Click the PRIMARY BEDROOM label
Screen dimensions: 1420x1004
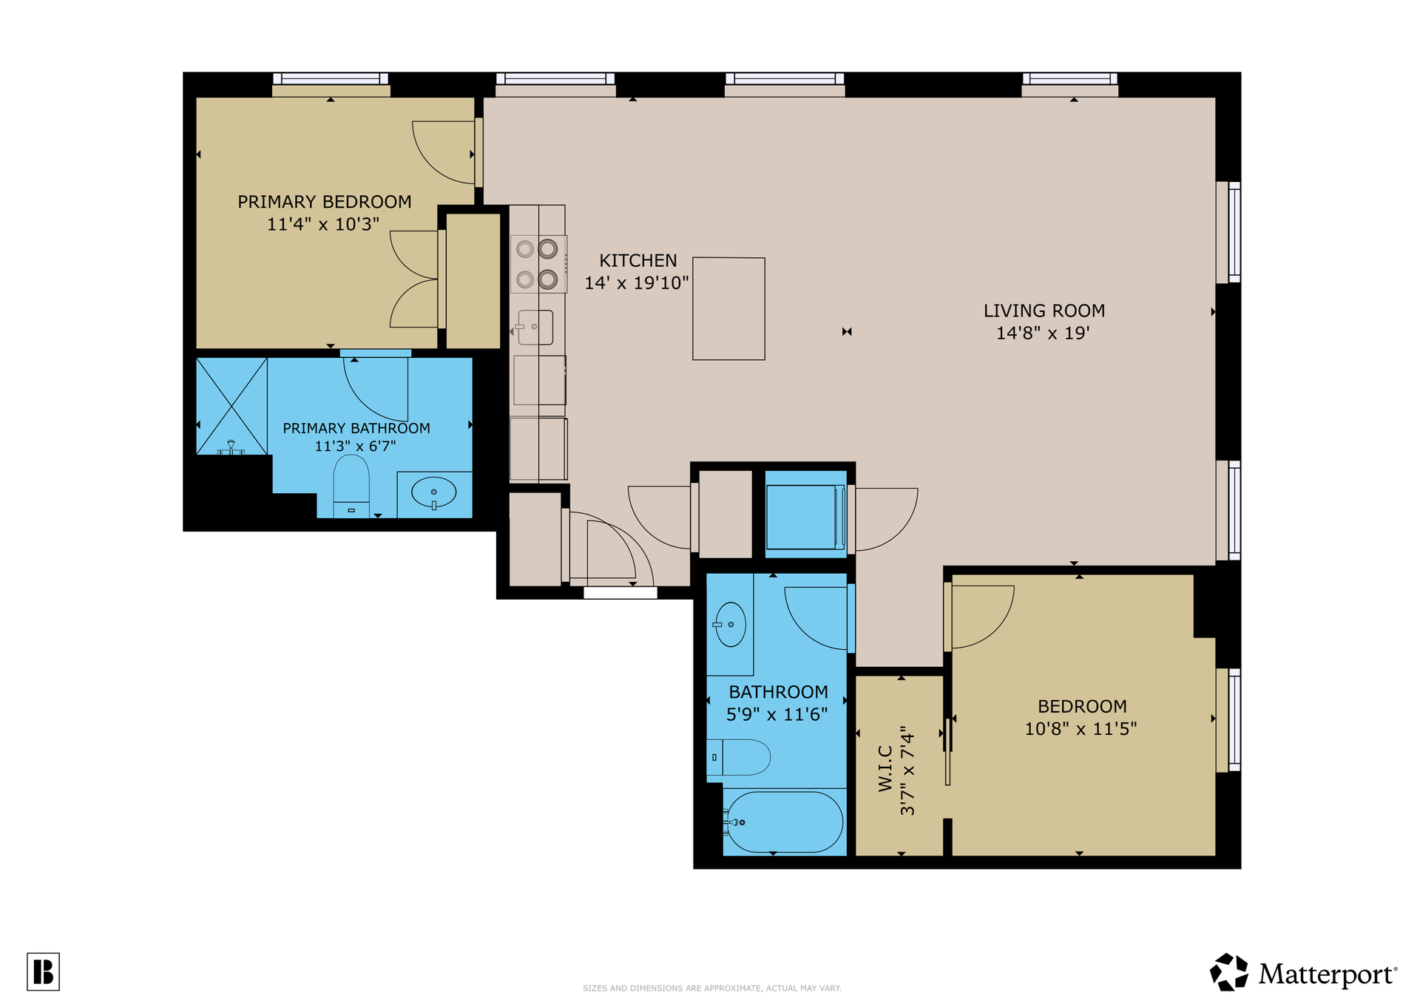tap(324, 202)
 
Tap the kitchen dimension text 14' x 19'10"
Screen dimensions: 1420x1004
tap(637, 283)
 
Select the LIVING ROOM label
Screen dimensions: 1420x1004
tap(1044, 311)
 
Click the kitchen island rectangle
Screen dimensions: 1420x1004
tap(728, 308)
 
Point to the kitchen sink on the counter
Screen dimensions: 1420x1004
tap(535, 328)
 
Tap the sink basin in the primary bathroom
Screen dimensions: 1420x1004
tap(433, 492)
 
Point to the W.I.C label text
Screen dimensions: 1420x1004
tap(885, 769)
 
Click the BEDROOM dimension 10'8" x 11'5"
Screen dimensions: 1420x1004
tap(1081, 729)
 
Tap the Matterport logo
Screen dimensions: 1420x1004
tap(1303, 972)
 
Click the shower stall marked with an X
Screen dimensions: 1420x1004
tap(231, 406)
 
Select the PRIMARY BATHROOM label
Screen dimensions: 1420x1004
tap(356, 428)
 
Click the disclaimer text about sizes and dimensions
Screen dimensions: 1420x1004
tap(711, 988)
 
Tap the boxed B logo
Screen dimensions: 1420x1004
tap(43, 971)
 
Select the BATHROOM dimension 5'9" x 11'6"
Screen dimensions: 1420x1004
tap(777, 714)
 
